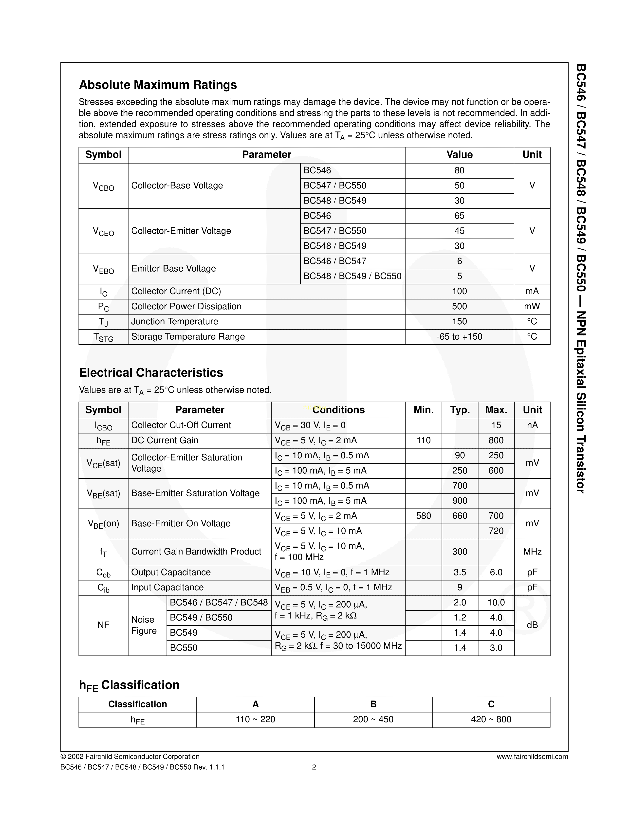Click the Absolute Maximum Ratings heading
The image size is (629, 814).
tap(158, 85)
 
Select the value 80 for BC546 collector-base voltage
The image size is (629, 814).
tap(459, 170)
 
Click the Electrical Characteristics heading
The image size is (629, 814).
tap(151, 373)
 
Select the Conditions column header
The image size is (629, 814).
tap(338, 410)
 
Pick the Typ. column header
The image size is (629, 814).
tap(460, 410)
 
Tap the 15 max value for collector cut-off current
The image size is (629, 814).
tap(496, 425)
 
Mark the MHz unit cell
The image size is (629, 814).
tap(532, 552)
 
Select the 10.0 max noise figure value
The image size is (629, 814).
tap(496, 602)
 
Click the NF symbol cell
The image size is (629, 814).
tap(103, 625)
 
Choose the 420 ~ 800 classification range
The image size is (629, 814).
tap(491, 719)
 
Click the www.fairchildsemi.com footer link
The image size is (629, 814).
tap(532, 757)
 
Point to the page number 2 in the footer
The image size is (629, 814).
tap(314, 767)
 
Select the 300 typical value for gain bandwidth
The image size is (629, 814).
tap(460, 552)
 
